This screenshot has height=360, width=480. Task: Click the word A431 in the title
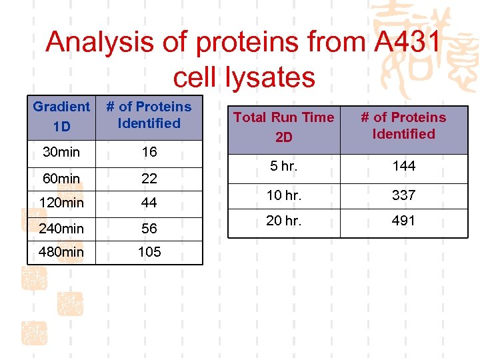[x=406, y=43]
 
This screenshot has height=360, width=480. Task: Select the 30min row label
[x=61, y=152]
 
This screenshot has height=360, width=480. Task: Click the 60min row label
[x=61, y=178]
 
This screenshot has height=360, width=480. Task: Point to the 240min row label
[x=61, y=229]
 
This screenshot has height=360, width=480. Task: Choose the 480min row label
[x=61, y=252]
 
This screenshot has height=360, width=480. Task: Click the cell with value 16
[x=149, y=152]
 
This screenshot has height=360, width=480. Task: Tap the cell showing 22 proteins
[x=149, y=178]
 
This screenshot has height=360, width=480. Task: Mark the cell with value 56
[x=149, y=229]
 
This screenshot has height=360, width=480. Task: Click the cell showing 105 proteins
[x=149, y=252]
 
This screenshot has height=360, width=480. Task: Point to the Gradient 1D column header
[x=61, y=115]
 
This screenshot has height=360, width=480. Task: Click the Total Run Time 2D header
[x=283, y=126]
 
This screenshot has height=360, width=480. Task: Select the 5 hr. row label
[x=284, y=166]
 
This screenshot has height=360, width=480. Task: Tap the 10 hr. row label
[x=284, y=195]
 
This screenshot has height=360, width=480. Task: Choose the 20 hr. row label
[x=284, y=221]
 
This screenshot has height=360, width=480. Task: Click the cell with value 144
[x=404, y=166]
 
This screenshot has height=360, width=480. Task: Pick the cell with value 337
[x=404, y=195]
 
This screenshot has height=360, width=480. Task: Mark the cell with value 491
[x=404, y=221]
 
